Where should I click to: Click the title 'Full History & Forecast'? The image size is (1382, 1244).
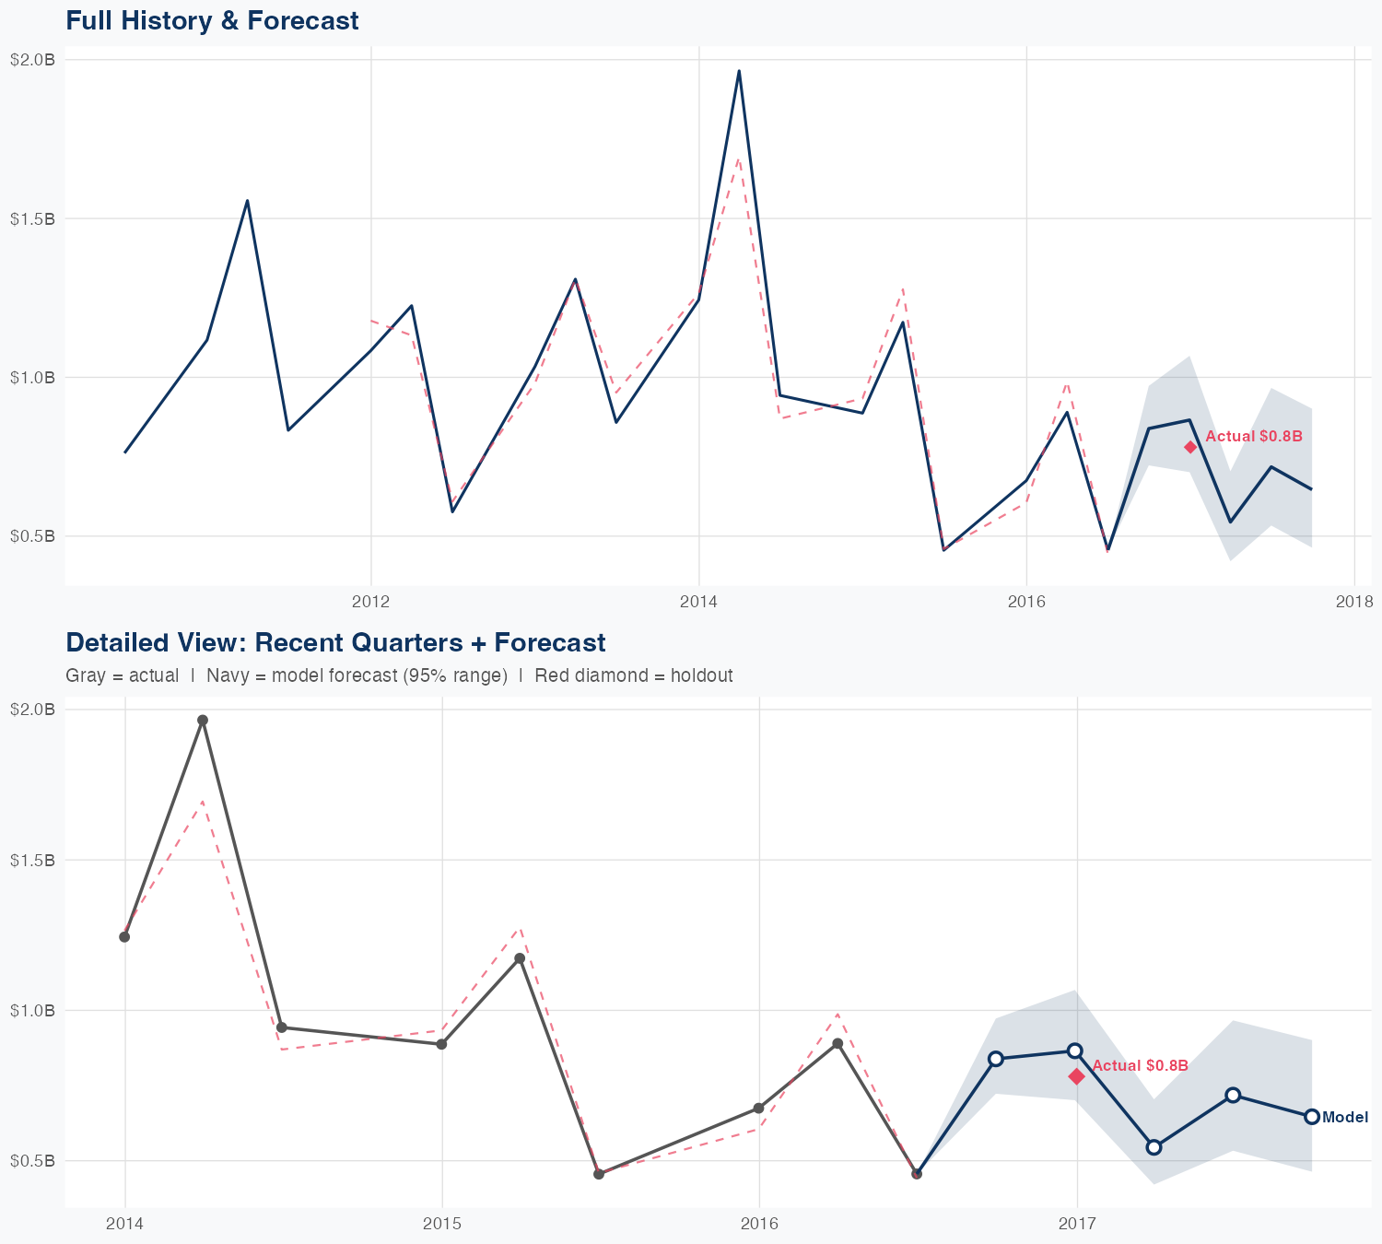pos(212,20)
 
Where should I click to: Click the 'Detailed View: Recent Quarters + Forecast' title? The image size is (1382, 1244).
pos(335,642)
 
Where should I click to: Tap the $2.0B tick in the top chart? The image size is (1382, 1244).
pos(32,60)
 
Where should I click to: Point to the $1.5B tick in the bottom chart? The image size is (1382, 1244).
pos(32,860)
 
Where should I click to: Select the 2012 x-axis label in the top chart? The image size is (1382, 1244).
pos(370,603)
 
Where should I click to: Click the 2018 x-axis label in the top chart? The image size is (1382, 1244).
pos(1353,603)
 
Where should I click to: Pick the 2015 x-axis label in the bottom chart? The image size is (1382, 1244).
pos(441,1224)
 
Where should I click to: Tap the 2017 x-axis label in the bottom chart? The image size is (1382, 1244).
pos(1076,1224)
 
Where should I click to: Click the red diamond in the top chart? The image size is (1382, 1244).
pos(1190,447)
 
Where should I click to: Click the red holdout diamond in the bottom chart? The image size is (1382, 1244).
pos(1077,1076)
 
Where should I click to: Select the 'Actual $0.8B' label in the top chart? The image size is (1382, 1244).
pos(1254,436)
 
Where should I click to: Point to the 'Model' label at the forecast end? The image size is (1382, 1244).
pos(1345,1118)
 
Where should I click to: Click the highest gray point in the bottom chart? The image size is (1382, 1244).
pos(203,721)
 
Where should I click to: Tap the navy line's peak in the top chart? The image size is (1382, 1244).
pos(739,71)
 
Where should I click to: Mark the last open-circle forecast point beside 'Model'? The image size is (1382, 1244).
pos(1312,1117)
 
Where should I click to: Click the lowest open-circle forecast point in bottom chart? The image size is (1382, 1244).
pos(1154,1147)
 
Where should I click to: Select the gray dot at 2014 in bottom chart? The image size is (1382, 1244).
pos(124,937)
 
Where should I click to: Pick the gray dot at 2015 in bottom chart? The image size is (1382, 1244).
pos(441,1044)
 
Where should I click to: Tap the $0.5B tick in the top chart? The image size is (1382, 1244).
pos(32,535)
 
